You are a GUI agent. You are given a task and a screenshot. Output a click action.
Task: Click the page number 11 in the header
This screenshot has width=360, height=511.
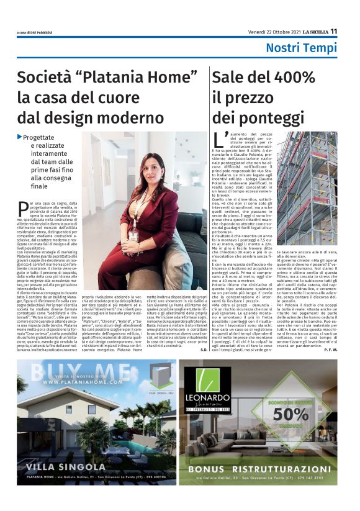(333, 32)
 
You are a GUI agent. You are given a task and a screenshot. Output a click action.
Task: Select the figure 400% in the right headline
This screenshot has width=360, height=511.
(289, 78)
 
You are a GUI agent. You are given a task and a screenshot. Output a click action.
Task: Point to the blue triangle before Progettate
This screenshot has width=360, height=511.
(20, 137)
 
